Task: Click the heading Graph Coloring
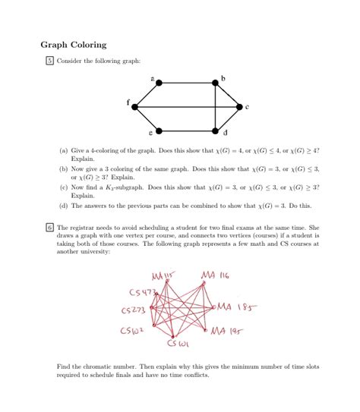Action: (74, 45)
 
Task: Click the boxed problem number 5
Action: (49, 61)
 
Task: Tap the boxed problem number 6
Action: (49, 227)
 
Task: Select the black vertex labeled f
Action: (135, 107)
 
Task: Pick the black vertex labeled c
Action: (239, 107)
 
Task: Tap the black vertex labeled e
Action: (157, 130)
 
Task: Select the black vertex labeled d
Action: (216, 130)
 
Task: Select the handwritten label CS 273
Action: (134, 310)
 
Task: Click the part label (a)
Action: (64, 152)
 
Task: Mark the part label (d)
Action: (64, 206)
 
